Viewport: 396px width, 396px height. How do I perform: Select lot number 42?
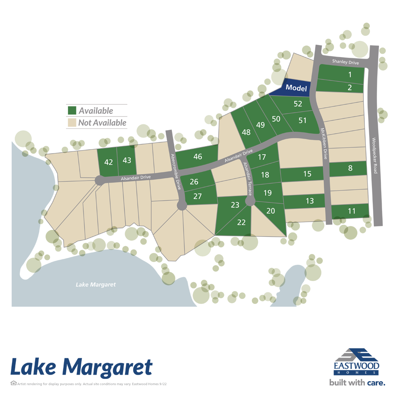click(x=109, y=162)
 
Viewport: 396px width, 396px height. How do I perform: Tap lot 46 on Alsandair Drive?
click(x=198, y=157)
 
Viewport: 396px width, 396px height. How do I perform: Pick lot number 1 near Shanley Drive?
click(x=349, y=75)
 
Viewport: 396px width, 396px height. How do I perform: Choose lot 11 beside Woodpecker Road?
click(x=351, y=211)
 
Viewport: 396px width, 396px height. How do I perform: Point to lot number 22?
click(x=241, y=222)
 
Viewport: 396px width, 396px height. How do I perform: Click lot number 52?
click(x=298, y=104)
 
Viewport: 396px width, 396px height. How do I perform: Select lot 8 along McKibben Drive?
click(x=350, y=168)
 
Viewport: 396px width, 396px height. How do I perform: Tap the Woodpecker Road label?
click(x=374, y=155)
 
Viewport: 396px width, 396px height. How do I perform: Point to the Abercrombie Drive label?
click(x=174, y=171)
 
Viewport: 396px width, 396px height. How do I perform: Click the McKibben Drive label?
click(x=324, y=144)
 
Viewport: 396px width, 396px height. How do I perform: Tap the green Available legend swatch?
click(x=72, y=111)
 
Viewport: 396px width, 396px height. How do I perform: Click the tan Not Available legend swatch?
click(x=72, y=123)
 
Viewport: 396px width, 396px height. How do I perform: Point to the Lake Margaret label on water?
click(x=96, y=285)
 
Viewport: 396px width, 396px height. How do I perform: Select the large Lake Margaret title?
click(x=81, y=367)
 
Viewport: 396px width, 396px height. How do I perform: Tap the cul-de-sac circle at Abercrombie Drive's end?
click(x=182, y=205)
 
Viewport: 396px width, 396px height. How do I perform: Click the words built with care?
click(x=357, y=383)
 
